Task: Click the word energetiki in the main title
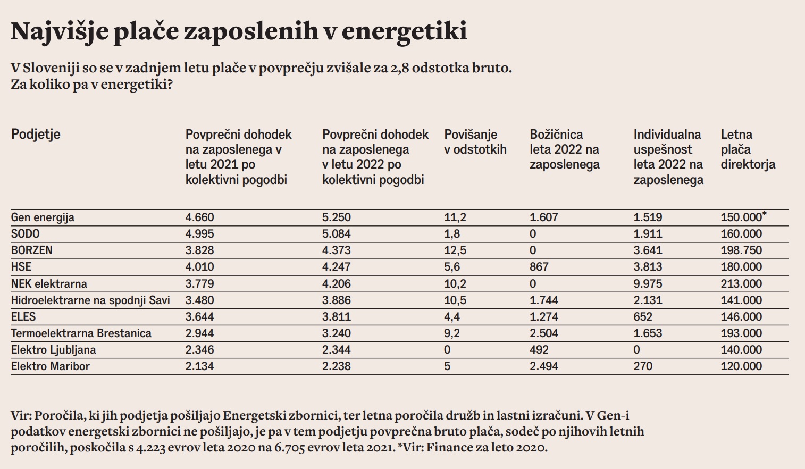pos(404,31)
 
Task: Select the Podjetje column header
pos(36,134)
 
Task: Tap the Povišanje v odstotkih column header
pos(475,142)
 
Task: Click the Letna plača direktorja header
pos(748,149)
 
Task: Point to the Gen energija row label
pos(43,217)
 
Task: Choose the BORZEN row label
pos(32,250)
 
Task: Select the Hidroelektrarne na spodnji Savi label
pos(90,300)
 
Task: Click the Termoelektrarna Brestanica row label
pos(81,333)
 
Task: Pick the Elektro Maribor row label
pos(50,366)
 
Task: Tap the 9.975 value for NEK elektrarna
pos(648,284)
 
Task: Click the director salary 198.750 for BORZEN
pos(741,250)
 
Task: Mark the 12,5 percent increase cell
pos(455,250)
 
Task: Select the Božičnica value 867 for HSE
pos(539,267)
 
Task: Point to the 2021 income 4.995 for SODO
pos(199,234)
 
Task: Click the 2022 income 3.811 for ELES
pos(336,317)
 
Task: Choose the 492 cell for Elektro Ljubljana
pos(539,350)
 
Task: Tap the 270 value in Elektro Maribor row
pos(642,366)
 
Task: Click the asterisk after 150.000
pos(765,214)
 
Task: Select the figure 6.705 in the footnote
pos(289,447)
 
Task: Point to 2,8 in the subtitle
pos(399,68)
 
